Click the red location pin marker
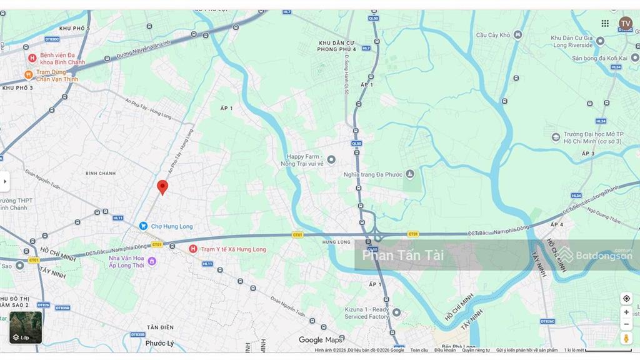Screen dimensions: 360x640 (x=162, y=187)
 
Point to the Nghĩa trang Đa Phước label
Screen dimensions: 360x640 (x=374, y=174)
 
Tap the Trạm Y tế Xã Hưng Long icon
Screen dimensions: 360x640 (x=193, y=249)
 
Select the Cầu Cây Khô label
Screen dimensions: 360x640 (x=494, y=35)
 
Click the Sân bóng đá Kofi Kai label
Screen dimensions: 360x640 (x=599, y=57)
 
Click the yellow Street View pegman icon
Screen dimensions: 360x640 (x=626, y=338)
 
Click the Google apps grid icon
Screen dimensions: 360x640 (x=605, y=23)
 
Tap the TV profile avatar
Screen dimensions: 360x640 (x=625, y=23)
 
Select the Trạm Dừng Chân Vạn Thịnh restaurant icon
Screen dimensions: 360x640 (x=28, y=75)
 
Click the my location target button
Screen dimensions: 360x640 (x=626, y=299)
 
